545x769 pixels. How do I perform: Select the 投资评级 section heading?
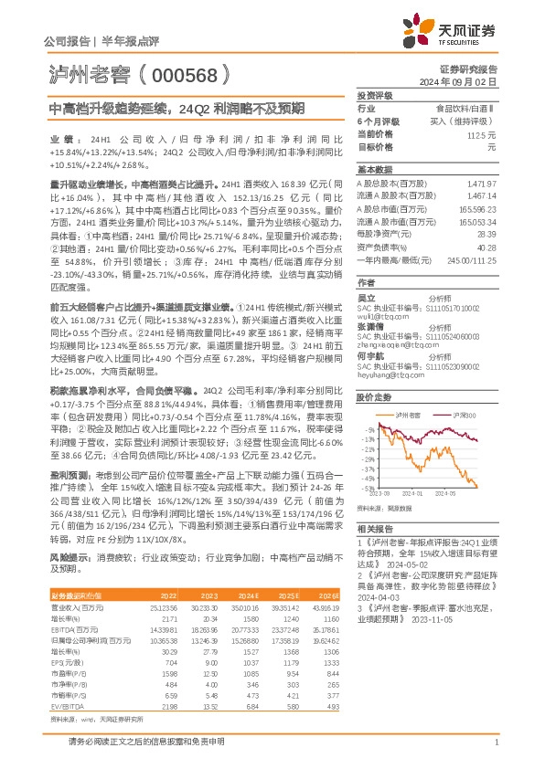374,95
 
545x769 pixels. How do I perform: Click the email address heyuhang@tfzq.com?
384,374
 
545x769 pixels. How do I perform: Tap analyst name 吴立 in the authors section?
366,297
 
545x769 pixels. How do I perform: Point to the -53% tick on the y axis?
368,490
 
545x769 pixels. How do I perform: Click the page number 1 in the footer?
495,753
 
